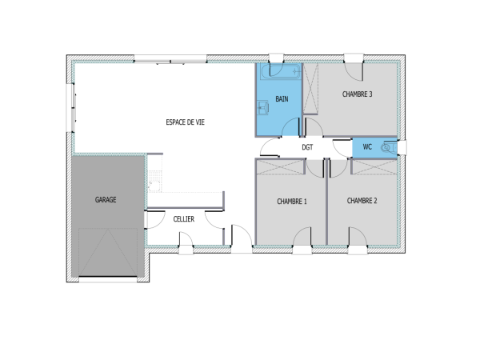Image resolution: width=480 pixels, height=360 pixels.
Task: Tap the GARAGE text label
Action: [106, 199]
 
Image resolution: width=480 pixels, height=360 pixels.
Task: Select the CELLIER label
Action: [183, 218]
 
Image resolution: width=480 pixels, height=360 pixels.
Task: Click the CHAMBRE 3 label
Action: [357, 94]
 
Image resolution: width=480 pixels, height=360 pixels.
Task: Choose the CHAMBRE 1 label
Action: [292, 201]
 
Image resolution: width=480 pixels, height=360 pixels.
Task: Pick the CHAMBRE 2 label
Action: [362, 201]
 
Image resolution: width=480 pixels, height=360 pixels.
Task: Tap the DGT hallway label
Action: [307, 148]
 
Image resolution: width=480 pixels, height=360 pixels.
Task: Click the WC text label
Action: [367, 146]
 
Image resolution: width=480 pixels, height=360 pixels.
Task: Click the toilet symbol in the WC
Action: [388, 147]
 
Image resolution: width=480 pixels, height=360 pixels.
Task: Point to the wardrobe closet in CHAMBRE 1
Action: [281, 166]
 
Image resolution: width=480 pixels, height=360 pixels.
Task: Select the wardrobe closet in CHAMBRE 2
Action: [374, 166]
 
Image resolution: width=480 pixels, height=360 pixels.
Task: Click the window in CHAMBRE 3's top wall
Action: [353, 59]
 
